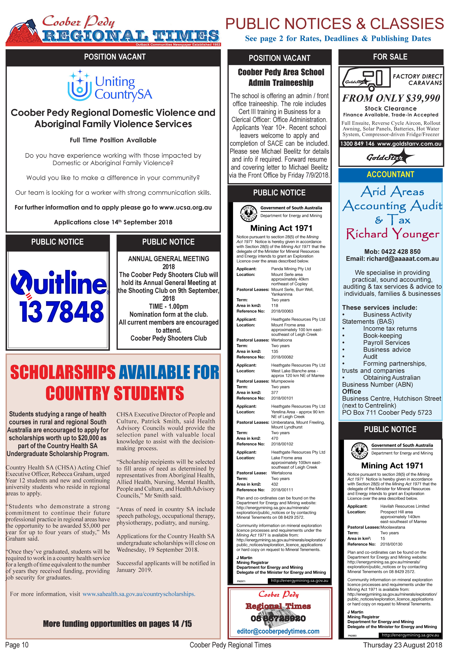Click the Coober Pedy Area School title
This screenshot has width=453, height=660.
[x=281, y=72]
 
